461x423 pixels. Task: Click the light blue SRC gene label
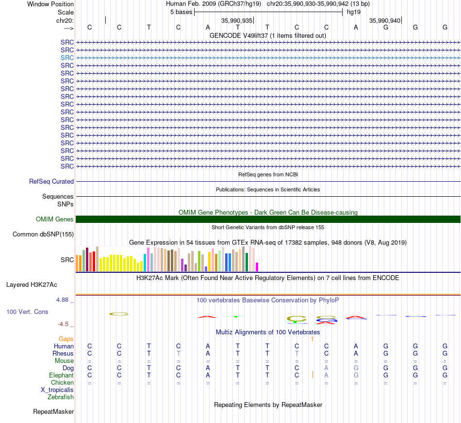(67, 58)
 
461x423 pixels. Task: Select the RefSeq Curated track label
(51, 181)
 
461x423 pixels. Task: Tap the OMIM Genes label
(55, 219)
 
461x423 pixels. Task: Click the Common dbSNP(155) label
(43, 234)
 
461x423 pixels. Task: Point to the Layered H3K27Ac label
(32, 285)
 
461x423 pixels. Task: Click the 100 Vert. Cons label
(27, 312)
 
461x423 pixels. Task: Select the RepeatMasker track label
(53, 411)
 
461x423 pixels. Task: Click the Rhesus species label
(63, 353)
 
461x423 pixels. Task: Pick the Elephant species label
(62, 375)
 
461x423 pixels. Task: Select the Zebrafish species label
(61, 397)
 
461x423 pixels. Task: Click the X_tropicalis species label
(57, 390)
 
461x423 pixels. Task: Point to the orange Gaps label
(66, 339)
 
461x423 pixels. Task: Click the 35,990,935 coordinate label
(237, 20)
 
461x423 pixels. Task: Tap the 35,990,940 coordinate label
(385, 20)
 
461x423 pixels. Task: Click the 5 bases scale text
(181, 12)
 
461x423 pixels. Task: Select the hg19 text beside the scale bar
(354, 12)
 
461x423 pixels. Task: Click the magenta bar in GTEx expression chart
(257, 267)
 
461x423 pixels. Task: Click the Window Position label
(50, 4)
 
